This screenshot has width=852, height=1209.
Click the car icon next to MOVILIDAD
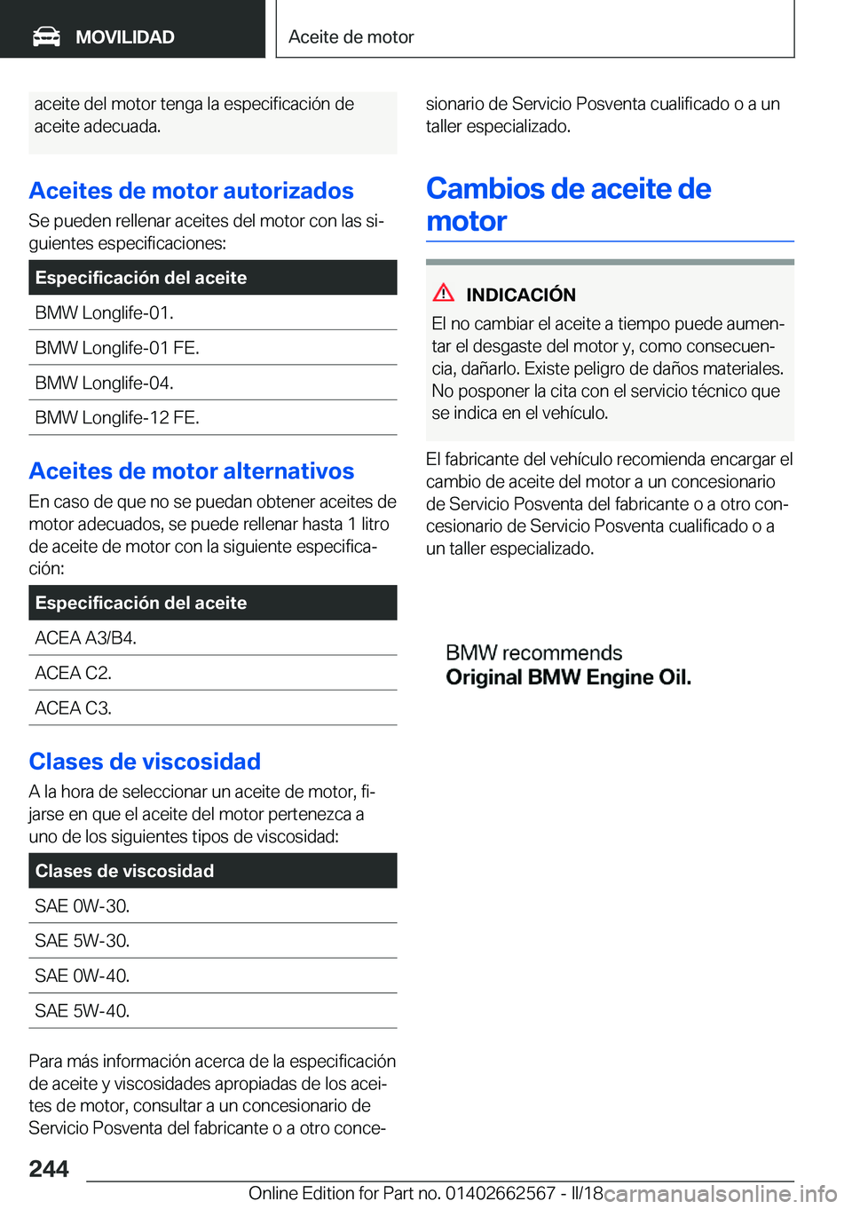(x=46, y=36)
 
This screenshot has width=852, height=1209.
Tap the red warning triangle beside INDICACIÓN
(x=444, y=292)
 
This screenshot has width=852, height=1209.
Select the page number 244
(x=49, y=1168)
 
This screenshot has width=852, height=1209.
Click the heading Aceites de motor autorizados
(x=191, y=191)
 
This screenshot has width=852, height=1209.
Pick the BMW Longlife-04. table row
(x=104, y=383)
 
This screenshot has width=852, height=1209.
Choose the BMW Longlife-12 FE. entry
(x=116, y=417)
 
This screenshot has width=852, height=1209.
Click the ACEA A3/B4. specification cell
(x=85, y=637)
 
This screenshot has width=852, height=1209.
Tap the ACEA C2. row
(x=73, y=673)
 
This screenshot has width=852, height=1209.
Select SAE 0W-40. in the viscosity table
(x=82, y=976)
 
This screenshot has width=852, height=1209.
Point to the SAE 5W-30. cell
(x=82, y=940)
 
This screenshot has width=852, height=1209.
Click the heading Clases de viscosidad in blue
(x=145, y=762)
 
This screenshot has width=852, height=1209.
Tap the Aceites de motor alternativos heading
(x=191, y=470)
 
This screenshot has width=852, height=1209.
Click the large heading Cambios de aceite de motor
(x=568, y=204)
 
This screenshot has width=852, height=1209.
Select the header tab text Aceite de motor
(x=351, y=36)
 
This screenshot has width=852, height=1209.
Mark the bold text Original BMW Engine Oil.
(x=568, y=677)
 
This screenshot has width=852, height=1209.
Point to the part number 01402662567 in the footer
(x=500, y=1193)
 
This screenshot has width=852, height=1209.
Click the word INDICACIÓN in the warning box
(x=521, y=295)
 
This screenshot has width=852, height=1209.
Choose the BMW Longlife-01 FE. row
(x=116, y=348)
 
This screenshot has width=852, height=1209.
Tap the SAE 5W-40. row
(x=82, y=1010)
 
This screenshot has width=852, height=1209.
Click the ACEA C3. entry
(x=73, y=707)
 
